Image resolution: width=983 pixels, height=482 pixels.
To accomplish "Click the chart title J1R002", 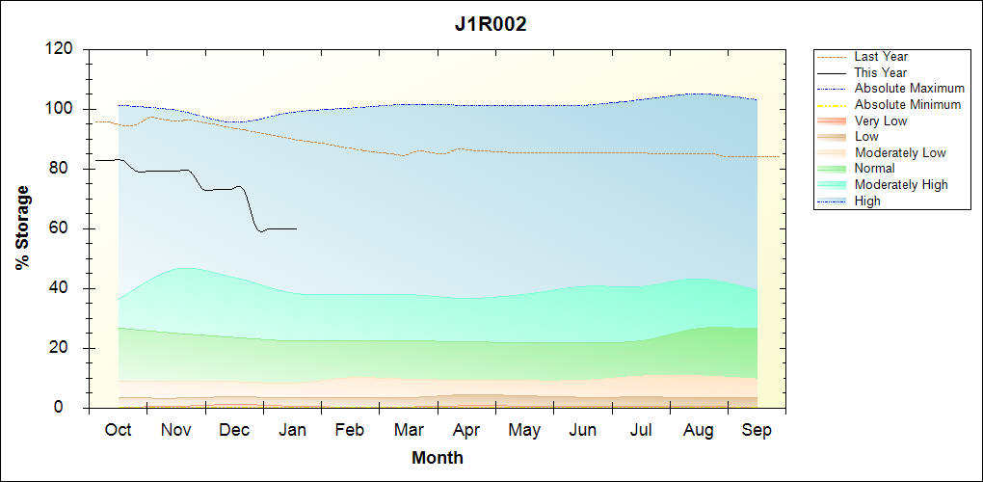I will tap(491, 25).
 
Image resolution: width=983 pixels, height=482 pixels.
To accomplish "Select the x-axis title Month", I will tap(438, 458).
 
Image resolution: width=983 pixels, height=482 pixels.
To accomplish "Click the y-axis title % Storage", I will tap(22, 234).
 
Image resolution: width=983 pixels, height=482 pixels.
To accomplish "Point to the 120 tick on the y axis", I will tap(60, 49).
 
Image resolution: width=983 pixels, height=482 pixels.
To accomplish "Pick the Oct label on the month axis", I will tap(118, 430).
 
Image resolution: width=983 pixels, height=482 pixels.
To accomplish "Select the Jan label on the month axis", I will tap(292, 430).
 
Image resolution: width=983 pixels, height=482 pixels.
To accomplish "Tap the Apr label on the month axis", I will tap(466, 430).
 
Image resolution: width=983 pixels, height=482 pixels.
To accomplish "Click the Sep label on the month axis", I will tap(757, 430).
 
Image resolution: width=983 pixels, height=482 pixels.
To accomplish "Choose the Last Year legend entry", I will tap(881, 57).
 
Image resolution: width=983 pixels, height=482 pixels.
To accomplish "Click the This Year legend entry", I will tap(881, 72).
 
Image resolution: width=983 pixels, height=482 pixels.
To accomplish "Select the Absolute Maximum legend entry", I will tap(909, 89).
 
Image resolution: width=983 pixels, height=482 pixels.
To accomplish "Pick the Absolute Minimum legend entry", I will tap(908, 104).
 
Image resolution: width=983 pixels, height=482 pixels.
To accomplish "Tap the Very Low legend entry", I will tap(881, 120).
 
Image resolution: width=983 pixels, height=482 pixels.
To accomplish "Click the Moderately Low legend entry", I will tap(900, 152).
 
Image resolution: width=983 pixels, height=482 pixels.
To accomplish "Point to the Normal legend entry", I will tap(874, 169).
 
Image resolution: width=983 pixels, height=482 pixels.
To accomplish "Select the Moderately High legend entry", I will tap(901, 184).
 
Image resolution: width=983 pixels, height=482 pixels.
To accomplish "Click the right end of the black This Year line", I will tap(296, 228).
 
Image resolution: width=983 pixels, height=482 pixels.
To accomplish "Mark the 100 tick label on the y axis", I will tap(60, 109).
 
